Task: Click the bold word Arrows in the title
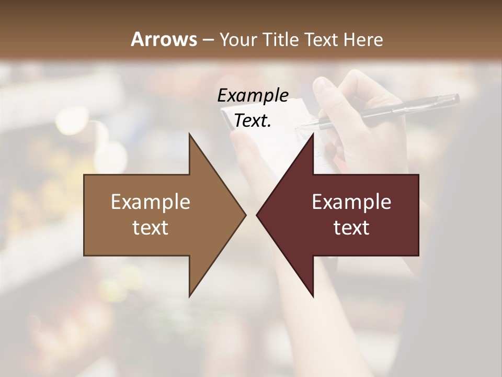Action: click(164, 39)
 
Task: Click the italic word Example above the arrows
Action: click(253, 96)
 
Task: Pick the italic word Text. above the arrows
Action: click(253, 121)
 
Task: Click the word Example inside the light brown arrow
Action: click(151, 202)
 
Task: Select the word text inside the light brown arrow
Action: click(151, 228)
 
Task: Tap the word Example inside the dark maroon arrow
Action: click(351, 202)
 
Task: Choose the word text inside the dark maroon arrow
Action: click(351, 228)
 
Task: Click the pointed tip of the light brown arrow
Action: click(244, 215)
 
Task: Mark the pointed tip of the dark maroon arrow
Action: click(258, 215)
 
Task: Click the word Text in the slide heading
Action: click(322, 39)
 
